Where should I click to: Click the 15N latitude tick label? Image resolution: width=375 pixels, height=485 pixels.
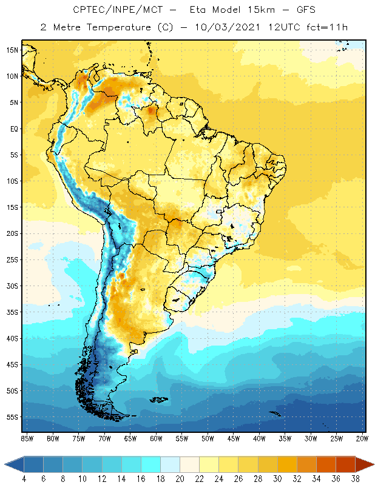[x=12, y=50]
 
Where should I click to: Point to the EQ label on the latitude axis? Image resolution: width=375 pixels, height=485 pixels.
[x=13, y=129]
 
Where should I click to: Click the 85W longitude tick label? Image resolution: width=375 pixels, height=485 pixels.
[x=27, y=438]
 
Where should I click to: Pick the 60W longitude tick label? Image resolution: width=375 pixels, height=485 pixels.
[x=156, y=438]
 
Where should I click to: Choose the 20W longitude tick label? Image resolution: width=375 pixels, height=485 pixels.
[x=362, y=438]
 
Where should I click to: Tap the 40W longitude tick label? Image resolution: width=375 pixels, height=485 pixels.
[x=259, y=438]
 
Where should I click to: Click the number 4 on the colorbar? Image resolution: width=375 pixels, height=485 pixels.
[x=24, y=479]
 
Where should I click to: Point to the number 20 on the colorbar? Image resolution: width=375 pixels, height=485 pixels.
[x=180, y=479]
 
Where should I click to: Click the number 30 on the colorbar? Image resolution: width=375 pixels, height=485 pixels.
[x=277, y=479]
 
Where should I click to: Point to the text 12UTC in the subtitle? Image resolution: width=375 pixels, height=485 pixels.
[x=282, y=27]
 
